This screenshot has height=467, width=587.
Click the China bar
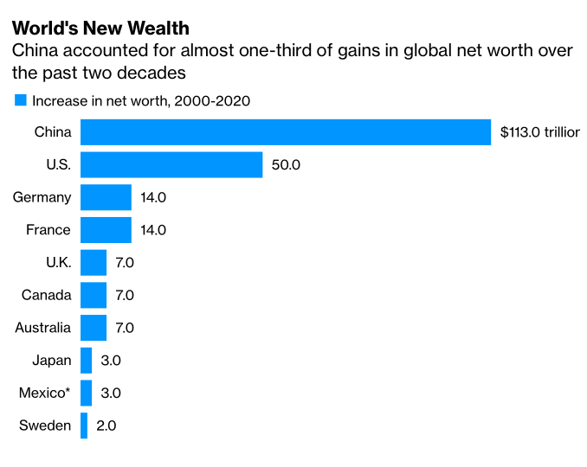coord(286,131)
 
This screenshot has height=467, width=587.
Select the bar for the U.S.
coord(171,164)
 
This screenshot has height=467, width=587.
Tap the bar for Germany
coord(106,197)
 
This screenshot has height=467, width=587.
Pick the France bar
coord(106,230)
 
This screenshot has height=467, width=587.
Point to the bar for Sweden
coord(84,425)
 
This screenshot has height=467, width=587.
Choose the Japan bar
coord(86,360)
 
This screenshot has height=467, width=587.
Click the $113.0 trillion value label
coord(539,132)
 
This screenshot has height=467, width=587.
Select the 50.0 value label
coord(286,164)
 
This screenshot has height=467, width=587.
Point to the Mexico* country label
coord(44,393)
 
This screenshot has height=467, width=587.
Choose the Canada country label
coord(47,295)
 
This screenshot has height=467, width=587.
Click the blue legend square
coord(20,100)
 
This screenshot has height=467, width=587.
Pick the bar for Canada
coord(94,295)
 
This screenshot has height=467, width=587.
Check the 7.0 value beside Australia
coord(125,328)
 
